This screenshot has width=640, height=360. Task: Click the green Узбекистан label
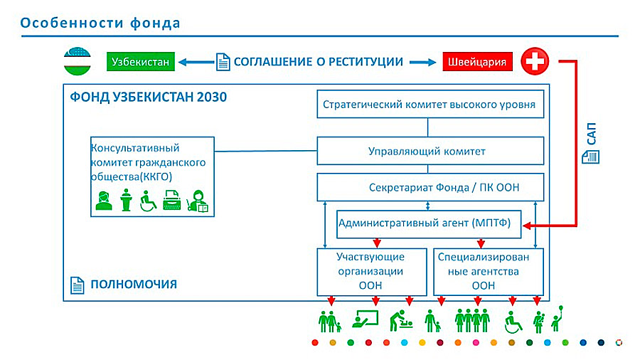[x=141, y=62]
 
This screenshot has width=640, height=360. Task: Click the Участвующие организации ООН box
[x=370, y=271]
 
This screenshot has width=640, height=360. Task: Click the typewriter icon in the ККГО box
[x=172, y=202]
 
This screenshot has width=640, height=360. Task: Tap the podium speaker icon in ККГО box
[x=127, y=201]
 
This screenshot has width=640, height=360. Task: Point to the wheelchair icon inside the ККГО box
[x=149, y=202]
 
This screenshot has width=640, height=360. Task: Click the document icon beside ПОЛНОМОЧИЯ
[x=78, y=285]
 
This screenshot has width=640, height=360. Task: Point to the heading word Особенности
[x=63, y=23]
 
